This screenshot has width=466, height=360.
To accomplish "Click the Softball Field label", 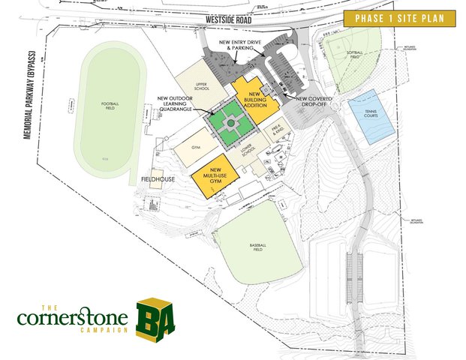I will [x=354, y=52].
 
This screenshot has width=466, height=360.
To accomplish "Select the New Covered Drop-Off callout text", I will [x=313, y=99].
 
